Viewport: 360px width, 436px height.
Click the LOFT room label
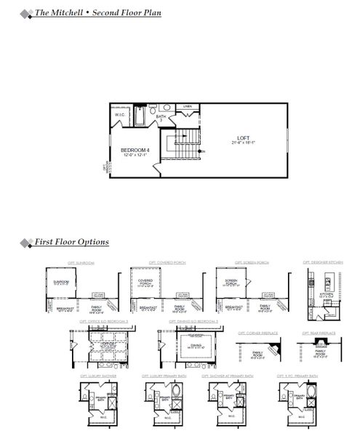pyautogui.click(x=244, y=137)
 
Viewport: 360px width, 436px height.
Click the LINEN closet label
pyautogui.click(x=188, y=107)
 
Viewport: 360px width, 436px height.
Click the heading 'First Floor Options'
pyautogui.click(x=71, y=242)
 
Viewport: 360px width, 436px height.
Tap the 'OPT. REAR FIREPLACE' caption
pyautogui.click(x=319, y=334)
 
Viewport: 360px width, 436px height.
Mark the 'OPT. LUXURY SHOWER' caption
pyautogui.click(x=98, y=376)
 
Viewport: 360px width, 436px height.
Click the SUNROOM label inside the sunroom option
pyautogui.click(x=61, y=282)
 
